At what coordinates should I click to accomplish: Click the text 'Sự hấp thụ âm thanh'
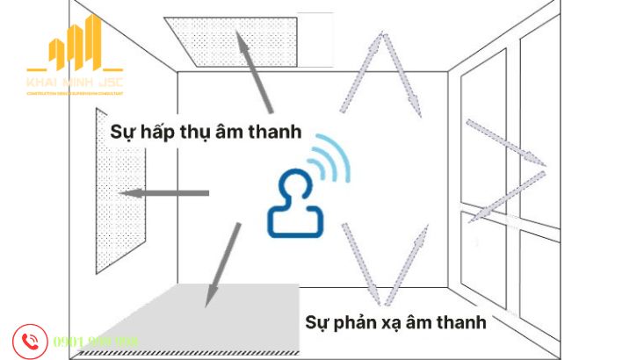coord(206,132)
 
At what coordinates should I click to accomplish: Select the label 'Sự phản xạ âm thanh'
coord(395,321)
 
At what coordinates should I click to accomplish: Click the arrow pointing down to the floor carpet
coord(221,263)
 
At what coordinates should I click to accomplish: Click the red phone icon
coord(30,341)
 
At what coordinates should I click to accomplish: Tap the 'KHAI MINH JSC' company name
coord(75,80)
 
